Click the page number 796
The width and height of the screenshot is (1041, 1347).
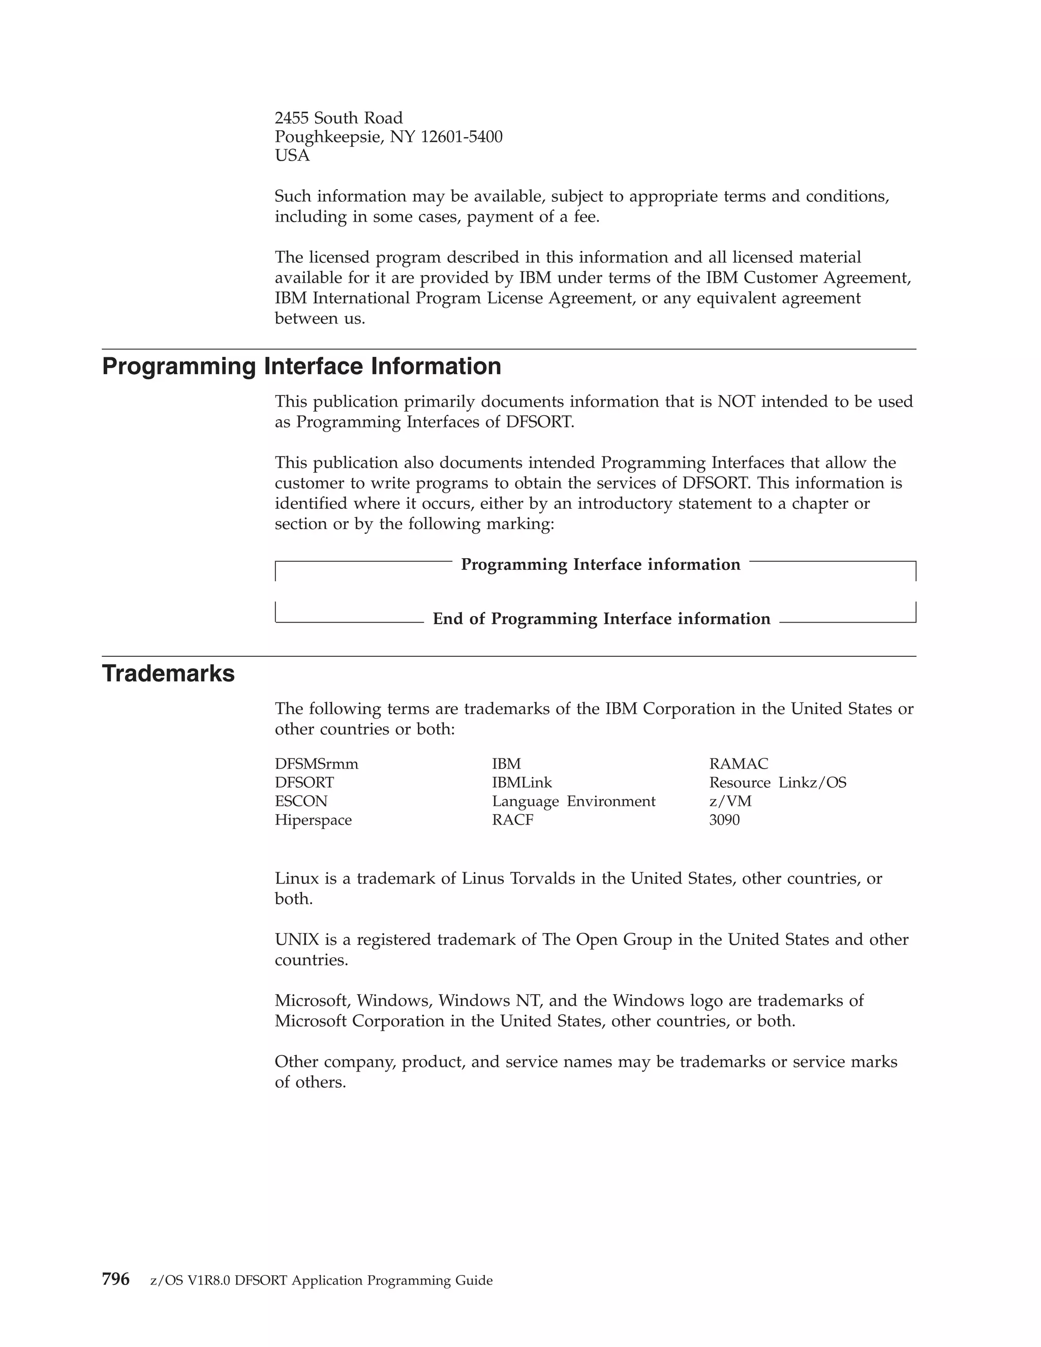point(115,1279)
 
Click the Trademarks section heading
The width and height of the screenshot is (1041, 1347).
point(168,673)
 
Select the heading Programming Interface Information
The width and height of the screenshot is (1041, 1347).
point(301,366)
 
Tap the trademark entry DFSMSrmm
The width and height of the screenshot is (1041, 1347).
point(316,764)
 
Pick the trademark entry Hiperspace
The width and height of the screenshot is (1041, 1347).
point(313,820)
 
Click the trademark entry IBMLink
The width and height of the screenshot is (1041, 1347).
point(522,783)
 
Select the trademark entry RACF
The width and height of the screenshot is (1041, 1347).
point(512,820)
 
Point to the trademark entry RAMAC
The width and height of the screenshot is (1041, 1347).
point(738,764)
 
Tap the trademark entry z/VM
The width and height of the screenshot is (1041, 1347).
point(730,801)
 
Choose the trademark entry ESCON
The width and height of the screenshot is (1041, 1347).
point(301,801)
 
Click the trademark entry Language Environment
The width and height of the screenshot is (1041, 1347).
point(573,801)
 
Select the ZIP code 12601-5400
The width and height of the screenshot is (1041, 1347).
point(462,137)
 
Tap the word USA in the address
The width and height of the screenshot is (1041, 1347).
point(292,156)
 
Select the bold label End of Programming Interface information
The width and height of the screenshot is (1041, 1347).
point(601,619)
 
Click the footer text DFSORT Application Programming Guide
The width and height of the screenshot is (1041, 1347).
point(364,1280)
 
